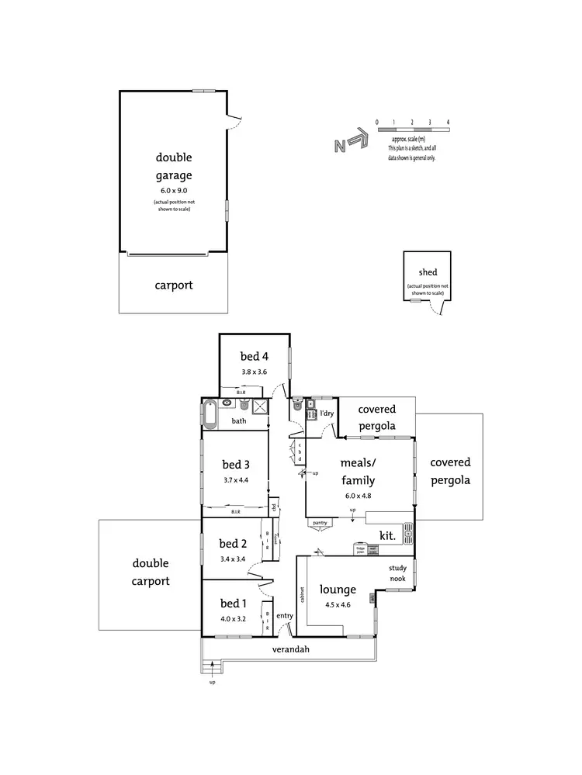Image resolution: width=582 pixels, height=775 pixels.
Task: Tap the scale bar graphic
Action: point(413,129)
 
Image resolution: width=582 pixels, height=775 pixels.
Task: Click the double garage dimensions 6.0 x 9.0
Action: point(173,190)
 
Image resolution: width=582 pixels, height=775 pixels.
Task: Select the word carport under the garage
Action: point(173,285)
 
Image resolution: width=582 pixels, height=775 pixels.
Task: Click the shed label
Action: point(427,272)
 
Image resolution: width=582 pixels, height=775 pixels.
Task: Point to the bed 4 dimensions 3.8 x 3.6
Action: point(253,372)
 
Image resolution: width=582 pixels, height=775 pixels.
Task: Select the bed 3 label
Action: point(235,465)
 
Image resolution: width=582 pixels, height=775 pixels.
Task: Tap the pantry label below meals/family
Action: point(319,523)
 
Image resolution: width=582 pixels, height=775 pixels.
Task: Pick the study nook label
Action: point(398,573)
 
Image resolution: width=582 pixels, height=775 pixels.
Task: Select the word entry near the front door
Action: point(285,615)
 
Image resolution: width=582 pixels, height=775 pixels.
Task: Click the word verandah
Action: point(291,649)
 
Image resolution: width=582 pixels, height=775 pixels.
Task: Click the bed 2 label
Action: point(233,543)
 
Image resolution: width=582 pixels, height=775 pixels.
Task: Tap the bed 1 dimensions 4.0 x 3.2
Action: point(233,619)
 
